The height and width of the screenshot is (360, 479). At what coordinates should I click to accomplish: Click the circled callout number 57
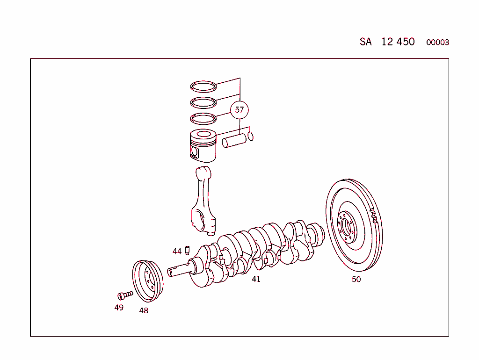239,109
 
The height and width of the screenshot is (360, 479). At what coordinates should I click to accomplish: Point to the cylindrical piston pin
234,141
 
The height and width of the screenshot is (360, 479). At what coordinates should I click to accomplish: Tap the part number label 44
177,251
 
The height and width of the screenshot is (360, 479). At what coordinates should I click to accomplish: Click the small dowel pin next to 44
187,251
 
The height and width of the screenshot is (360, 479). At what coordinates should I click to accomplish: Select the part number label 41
256,279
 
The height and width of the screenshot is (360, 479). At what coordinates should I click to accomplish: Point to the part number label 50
356,280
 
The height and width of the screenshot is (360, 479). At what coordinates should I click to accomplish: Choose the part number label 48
144,310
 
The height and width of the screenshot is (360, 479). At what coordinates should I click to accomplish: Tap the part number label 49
119,308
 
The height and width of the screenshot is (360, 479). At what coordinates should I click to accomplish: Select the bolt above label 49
125,295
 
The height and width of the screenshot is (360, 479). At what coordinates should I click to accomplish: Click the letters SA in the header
366,42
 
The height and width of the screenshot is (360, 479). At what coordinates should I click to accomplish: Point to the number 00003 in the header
437,43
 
